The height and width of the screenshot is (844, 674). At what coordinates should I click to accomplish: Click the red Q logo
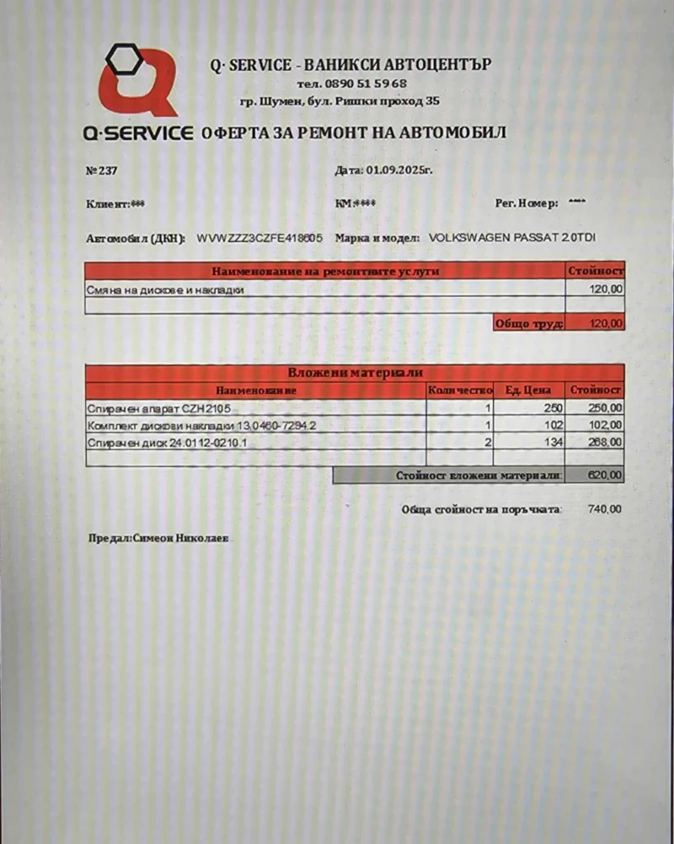pyautogui.click(x=137, y=82)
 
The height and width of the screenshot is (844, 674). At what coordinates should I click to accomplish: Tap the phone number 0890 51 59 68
pyautogui.click(x=364, y=83)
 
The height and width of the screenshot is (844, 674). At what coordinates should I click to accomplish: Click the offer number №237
pyautogui.click(x=102, y=170)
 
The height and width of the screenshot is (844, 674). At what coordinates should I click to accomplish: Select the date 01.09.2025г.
pyautogui.click(x=399, y=170)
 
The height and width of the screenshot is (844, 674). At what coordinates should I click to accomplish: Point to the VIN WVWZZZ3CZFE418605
pyautogui.click(x=259, y=239)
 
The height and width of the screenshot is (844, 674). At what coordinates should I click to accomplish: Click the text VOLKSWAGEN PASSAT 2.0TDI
pyautogui.click(x=512, y=239)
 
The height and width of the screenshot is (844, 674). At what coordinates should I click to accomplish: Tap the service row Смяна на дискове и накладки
pyautogui.click(x=165, y=289)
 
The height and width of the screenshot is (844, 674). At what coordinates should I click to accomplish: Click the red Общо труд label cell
pyautogui.click(x=528, y=323)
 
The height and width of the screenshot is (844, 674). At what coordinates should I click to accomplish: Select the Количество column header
pyautogui.click(x=459, y=390)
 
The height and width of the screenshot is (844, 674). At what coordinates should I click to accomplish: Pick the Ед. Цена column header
pyautogui.click(x=527, y=390)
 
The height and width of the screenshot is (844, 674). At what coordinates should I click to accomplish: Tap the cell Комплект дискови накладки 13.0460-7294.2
pyautogui.click(x=201, y=425)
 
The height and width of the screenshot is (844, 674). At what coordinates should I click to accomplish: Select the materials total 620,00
pyautogui.click(x=605, y=476)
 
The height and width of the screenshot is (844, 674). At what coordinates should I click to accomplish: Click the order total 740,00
pyautogui.click(x=605, y=509)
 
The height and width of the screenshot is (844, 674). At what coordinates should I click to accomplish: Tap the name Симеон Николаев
pyautogui.click(x=181, y=537)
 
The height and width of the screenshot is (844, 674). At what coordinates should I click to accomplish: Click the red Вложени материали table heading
pyautogui.click(x=355, y=372)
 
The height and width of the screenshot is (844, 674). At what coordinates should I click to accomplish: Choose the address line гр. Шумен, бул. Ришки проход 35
pyautogui.click(x=340, y=101)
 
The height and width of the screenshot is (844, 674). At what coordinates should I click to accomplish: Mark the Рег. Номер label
pyautogui.click(x=527, y=203)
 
